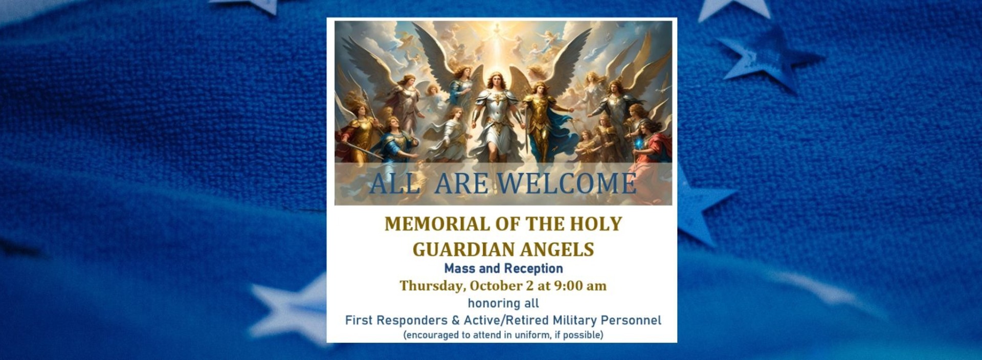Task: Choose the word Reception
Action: [x=533, y=269]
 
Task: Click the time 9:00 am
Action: [x=581, y=285]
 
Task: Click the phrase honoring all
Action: [x=503, y=303]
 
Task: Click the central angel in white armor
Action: [x=495, y=118]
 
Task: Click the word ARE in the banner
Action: [x=462, y=184]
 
